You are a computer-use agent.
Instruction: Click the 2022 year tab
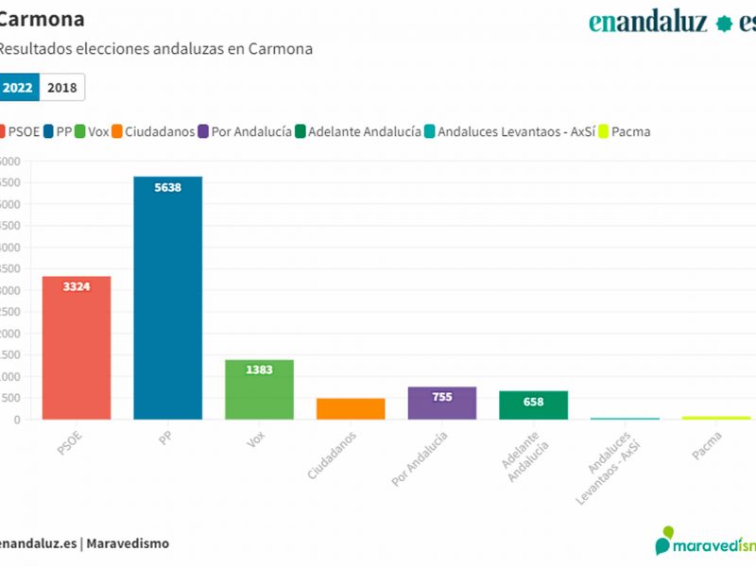click(18, 87)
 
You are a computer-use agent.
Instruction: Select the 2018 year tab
click(62, 87)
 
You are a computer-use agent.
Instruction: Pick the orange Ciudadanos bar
click(351, 408)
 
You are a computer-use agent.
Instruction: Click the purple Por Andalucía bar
click(442, 403)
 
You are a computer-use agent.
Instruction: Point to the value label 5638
click(167, 187)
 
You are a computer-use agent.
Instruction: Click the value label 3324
click(77, 286)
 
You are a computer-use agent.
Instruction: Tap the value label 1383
click(259, 369)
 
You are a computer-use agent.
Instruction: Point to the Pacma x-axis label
click(707, 444)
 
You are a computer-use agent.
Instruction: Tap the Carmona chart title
click(43, 19)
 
